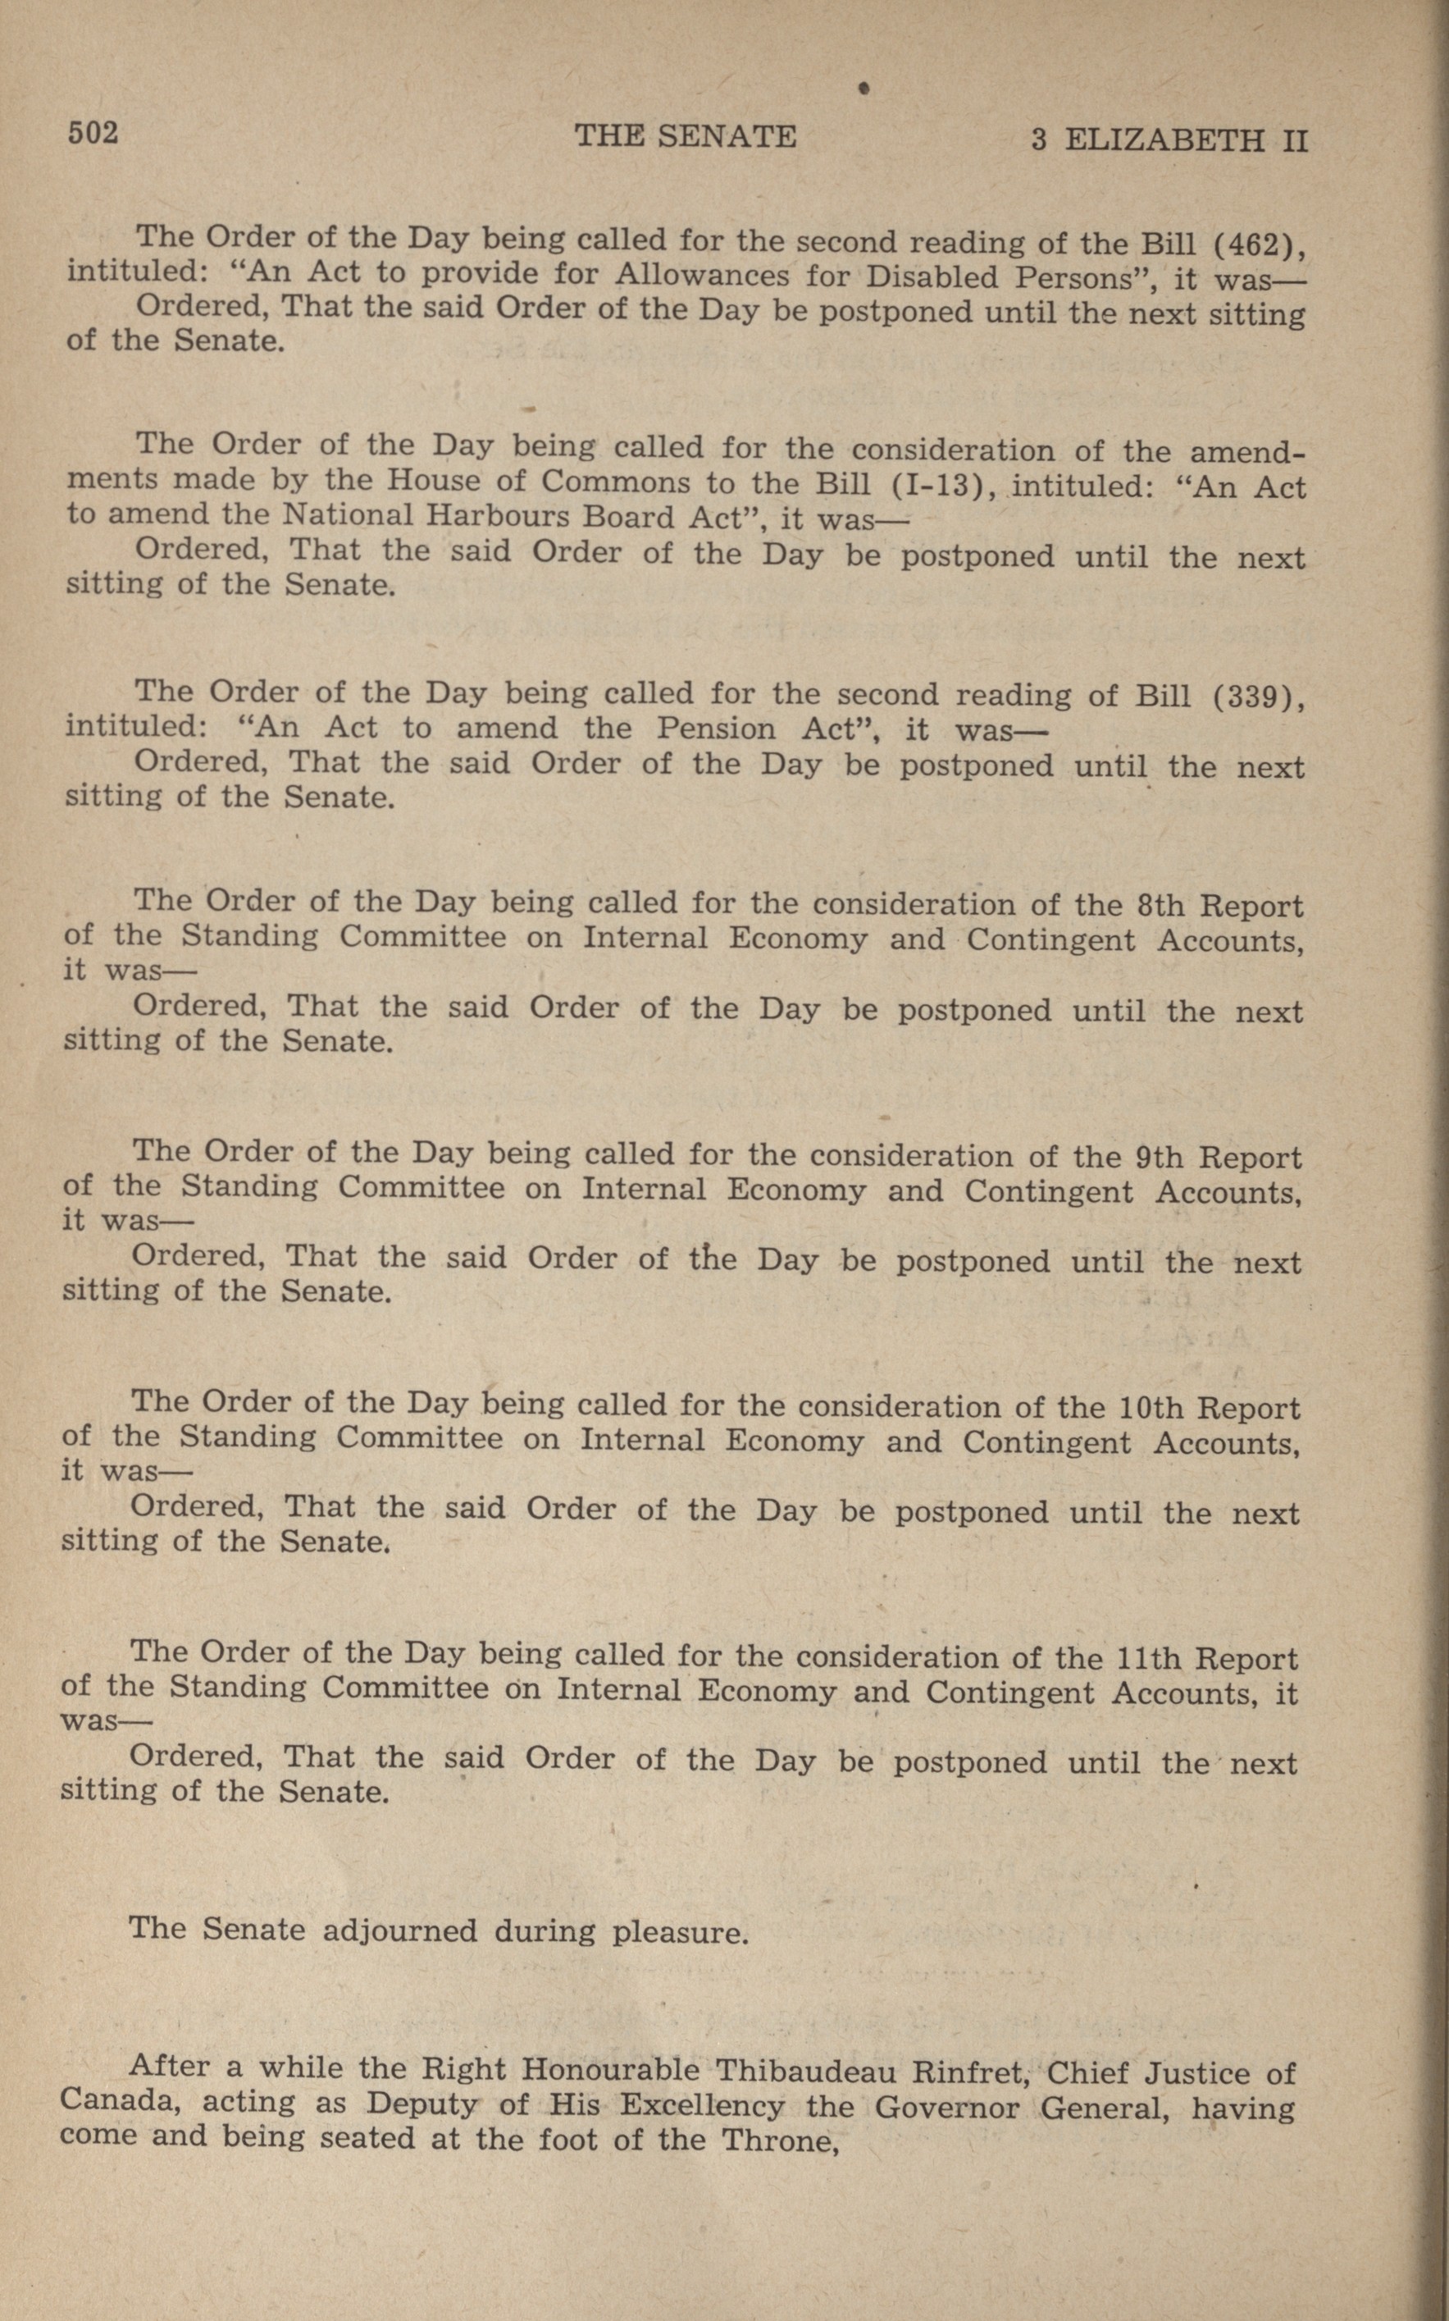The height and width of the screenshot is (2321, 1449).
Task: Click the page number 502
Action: pyautogui.click(x=92, y=133)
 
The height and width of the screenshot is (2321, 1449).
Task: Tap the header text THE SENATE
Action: pyautogui.click(x=686, y=136)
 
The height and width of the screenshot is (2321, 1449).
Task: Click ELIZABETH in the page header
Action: pyautogui.click(x=1164, y=141)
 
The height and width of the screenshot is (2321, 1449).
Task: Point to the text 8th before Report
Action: pyautogui.click(x=1163, y=906)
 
